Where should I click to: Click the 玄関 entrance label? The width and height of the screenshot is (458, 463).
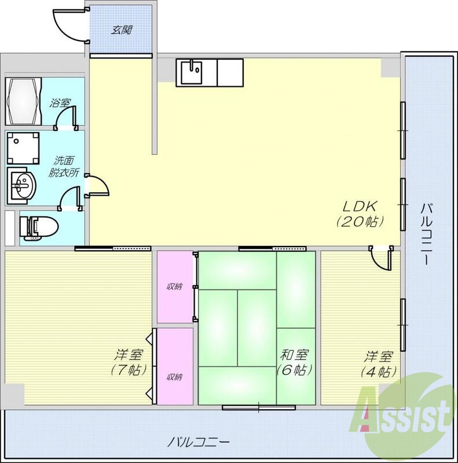pyautogui.click(x=122, y=29)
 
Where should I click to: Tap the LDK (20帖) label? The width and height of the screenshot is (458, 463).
pyautogui.click(x=360, y=212)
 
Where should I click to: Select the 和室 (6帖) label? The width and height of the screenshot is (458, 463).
pyautogui.click(x=295, y=362)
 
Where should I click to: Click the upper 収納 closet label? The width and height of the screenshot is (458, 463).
pyautogui.click(x=174, y=287)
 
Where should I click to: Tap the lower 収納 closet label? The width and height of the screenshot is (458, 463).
pyautogui.click(x=174, y=377)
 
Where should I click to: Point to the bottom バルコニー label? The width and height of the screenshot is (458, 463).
pyautogui.click(x=199, y=442)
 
